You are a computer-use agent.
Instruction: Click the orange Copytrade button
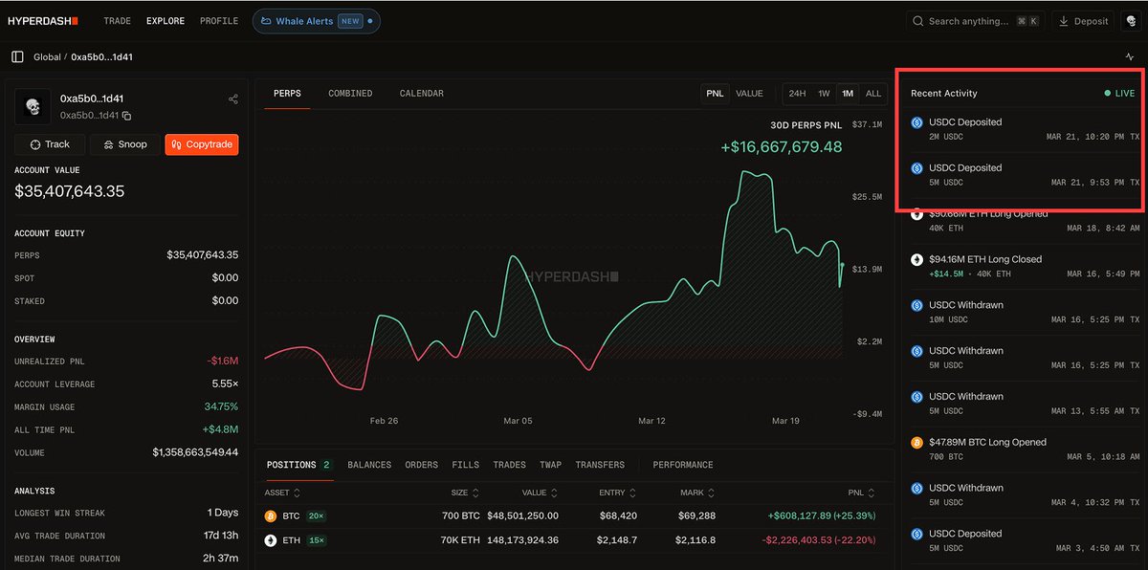click(201, 144)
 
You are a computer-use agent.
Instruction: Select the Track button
click(50, 144)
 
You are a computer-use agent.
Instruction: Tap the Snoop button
click(124, 144)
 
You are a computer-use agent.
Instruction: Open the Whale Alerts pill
click(316, 21)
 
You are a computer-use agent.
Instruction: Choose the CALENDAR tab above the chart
click(421, 94)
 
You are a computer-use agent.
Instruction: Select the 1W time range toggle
click(823, 94)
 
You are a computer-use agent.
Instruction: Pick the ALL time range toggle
click(872, 94)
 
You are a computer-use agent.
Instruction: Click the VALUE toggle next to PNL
click(749, 94)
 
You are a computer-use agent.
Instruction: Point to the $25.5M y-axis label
click(866, 197)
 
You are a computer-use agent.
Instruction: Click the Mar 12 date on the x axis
click(651, 421)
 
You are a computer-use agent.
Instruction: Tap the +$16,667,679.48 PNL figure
click(781, 146)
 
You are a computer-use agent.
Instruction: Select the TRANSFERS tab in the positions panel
click(600, 465)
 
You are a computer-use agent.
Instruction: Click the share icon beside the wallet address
click(233, 99)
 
